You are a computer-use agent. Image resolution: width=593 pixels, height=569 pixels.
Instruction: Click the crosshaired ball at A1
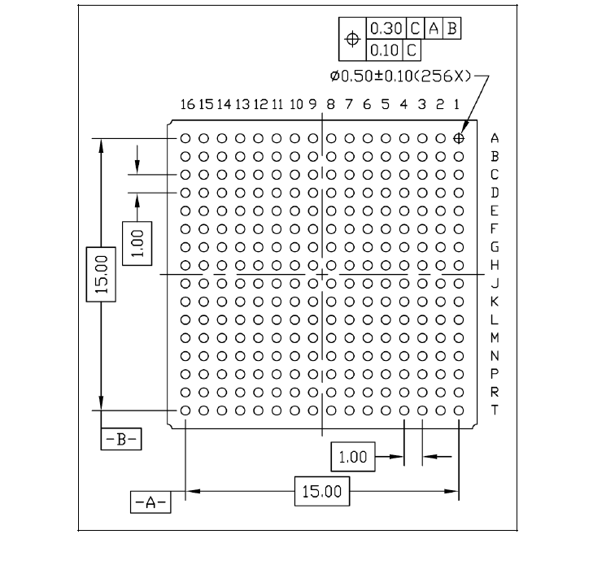459,138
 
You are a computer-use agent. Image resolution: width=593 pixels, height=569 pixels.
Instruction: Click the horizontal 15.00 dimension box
322,491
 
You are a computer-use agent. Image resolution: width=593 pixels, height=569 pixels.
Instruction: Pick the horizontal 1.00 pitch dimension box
352,457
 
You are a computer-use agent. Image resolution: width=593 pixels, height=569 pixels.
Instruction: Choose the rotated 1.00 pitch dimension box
136,242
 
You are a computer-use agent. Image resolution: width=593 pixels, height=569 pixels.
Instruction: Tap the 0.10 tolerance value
384,49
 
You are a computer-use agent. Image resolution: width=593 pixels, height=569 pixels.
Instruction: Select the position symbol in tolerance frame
352,38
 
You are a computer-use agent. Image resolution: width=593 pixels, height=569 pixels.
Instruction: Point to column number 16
187,105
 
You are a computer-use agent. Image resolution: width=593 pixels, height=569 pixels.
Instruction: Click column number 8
331,105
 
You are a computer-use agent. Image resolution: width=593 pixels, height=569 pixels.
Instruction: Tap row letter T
495,410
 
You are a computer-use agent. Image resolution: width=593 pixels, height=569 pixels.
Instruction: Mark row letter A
495,139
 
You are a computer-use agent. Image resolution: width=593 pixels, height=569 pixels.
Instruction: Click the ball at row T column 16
185,410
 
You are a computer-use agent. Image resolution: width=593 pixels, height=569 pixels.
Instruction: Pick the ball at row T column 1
459,410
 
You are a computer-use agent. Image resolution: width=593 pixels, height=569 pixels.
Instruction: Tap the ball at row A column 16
185,138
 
